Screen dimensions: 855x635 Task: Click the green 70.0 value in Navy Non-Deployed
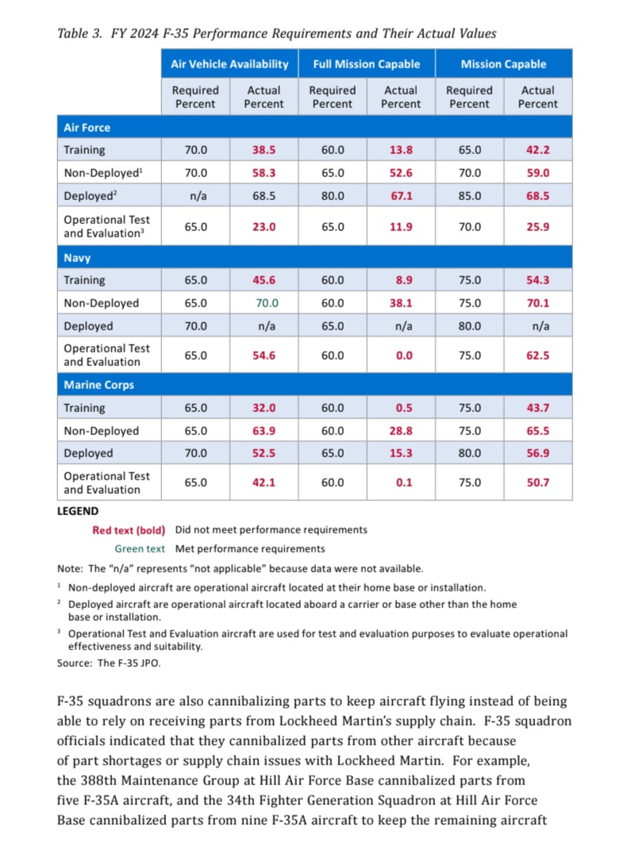pos(264,303)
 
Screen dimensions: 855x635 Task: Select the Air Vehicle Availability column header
pos(229,64)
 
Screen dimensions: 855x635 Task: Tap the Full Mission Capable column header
pos(366,64)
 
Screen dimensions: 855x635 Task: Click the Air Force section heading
pos(87,127)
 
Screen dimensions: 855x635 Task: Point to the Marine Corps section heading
pos(98,385)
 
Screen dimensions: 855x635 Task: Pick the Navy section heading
pos(78,257)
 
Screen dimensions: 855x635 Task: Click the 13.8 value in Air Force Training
pos(401,149)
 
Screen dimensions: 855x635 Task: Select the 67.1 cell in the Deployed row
pos(401,195)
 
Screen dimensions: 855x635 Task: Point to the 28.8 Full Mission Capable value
pos(401,431)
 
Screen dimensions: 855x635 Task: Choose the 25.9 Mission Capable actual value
pos(537,226)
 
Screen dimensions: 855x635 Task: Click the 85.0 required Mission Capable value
pos(469,195)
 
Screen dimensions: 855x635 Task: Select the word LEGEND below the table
pos(78,512)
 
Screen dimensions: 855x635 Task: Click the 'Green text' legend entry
pos(140,549)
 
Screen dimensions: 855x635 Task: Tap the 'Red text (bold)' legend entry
pos(129,530)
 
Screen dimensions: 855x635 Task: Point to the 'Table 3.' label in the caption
pos(79,34)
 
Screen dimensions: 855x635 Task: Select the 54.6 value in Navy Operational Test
pos(264,356)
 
